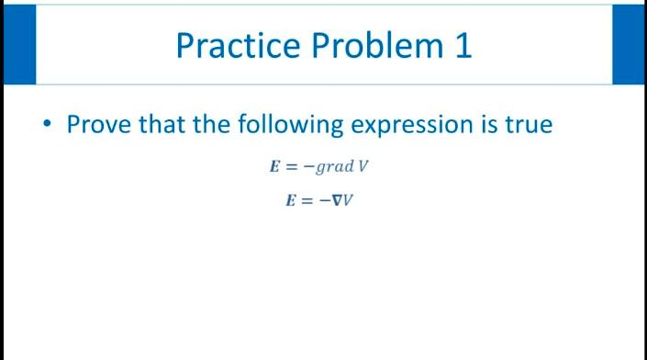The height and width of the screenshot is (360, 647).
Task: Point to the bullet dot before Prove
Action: click(46, 124)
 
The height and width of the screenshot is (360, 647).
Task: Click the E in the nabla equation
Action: click(290, 198)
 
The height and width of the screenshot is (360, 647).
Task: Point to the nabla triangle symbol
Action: click(336, 198)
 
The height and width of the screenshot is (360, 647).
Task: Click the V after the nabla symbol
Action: click(349, 198)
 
